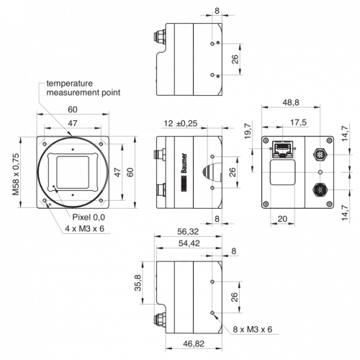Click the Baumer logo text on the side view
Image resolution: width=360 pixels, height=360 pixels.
click(x=184, y=163)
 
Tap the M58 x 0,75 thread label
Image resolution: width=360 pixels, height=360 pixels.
click(x=16, y=174)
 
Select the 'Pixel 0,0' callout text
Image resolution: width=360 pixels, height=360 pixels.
click(x=89, y=217)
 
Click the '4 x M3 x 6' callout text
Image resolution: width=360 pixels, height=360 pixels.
click(x=85, y=228)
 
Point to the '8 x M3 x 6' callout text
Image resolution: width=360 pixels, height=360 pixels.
click(x=253, y=329)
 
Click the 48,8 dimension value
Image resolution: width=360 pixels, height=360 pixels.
click(x=291, y=102)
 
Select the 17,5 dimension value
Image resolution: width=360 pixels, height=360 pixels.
click(x=298, y=122)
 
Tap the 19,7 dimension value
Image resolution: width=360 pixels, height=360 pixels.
click(x=248, y=131)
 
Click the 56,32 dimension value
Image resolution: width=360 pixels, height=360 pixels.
click(x=188, y=231)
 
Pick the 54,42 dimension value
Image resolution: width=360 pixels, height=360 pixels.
click(x=189, y=243)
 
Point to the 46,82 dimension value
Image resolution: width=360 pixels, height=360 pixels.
click(x=194, y=343)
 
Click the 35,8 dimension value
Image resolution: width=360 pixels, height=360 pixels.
click(x=138, y=283)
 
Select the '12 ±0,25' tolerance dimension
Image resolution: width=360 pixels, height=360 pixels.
click(x=181, y=123)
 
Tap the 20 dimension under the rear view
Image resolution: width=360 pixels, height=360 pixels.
click(x=282, y=219)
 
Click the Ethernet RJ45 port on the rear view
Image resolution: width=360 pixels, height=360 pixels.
click(x=283, y=149)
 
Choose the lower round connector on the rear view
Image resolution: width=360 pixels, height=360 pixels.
click(x=320, y=190)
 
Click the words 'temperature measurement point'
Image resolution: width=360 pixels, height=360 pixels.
click(x=84, y=88)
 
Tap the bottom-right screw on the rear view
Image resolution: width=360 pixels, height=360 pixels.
click(x=330, y=204)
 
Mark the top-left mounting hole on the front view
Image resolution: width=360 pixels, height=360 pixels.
click(x=45, y=144)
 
